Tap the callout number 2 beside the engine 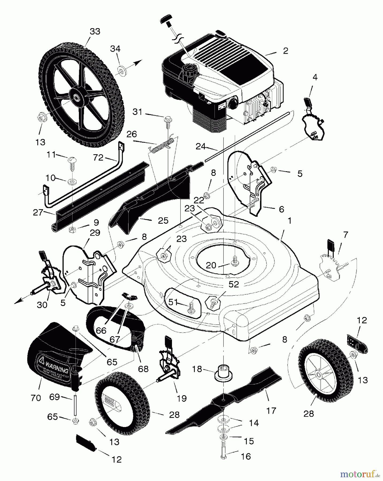(x=286, y=51)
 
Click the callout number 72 (x=98, y=158)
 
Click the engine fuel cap (x=188, y=70)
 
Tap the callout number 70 (x=36, y=398)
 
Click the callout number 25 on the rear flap (x=163, y=220)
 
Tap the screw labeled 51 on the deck (x=192, y=306)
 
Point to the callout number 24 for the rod (x=201, y=146)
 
